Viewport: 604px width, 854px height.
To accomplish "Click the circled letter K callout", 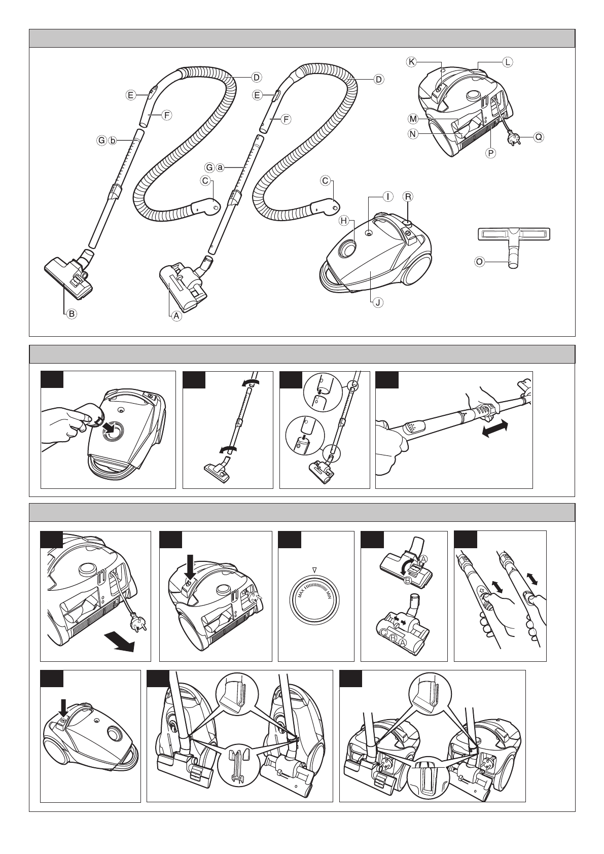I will point(411,62).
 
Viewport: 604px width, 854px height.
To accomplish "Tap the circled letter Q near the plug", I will point(538,137).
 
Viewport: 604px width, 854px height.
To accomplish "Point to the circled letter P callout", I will point(490,152).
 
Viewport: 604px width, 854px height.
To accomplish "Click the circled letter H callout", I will point(344,221).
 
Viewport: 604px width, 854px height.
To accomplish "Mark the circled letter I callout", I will point(387,196).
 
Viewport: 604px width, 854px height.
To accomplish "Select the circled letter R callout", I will point(407,196).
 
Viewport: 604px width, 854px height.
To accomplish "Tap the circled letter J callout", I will point(377,303).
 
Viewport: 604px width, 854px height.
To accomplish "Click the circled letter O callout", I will point(478,262).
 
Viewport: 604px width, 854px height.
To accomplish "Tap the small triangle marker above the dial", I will point(315,570).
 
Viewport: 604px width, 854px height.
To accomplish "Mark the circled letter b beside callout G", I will point(113,140).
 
